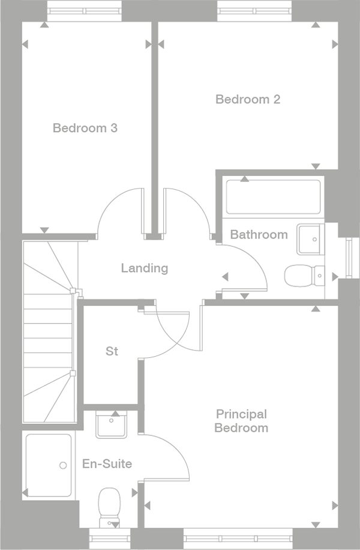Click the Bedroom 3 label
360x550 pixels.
tap(85, 128)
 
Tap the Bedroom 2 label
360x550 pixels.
tap(248, 99)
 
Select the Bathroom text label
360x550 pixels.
tap(259, 234)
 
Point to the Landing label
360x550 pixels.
tap(144, 268)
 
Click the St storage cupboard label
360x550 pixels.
tap(112, 351)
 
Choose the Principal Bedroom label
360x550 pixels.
tap(241, 421)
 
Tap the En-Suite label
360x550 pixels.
tap(107, 464)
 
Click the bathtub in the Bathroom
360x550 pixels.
tap(273, 197)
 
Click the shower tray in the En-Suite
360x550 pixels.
tap(49, 465)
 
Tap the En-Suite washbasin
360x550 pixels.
tap(111, 425)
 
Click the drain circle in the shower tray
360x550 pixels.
tap(62, 465)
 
